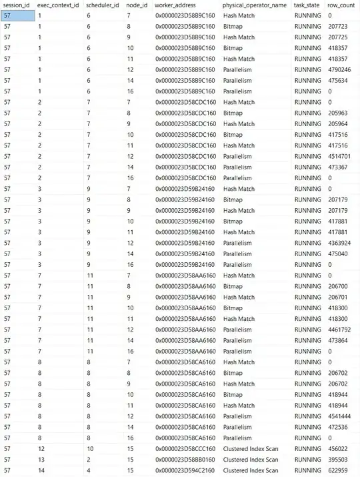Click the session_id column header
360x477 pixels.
[17, 5]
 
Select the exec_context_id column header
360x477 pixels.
[58, 5]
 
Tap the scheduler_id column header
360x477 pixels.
[103, 5]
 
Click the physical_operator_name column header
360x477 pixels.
[255, 5]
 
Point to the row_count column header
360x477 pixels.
[341, 5]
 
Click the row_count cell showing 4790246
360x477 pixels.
[341, 69]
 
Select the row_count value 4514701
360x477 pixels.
[341, 156]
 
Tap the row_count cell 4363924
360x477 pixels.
[341, 243]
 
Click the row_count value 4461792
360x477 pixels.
[341, 330]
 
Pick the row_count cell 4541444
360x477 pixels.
[341, 416]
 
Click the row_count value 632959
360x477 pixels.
[339, 470]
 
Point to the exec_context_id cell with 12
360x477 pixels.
[41, 449]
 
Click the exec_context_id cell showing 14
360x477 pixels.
[41, 470]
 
